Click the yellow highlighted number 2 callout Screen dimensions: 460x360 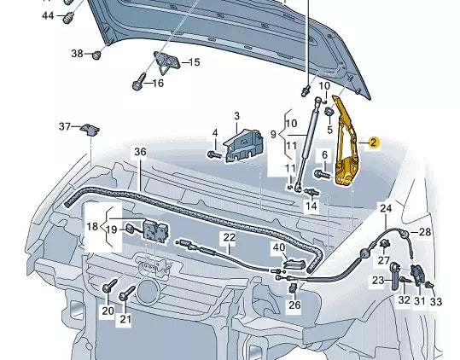373,142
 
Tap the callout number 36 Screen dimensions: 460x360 140,152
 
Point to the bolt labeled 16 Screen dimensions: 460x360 139,82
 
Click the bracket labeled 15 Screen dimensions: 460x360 166,62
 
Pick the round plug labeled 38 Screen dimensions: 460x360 96,55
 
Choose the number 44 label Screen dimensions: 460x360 48,15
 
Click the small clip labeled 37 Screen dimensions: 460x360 90,130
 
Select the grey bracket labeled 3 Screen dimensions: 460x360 243,145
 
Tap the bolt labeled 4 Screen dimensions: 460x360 214,154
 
